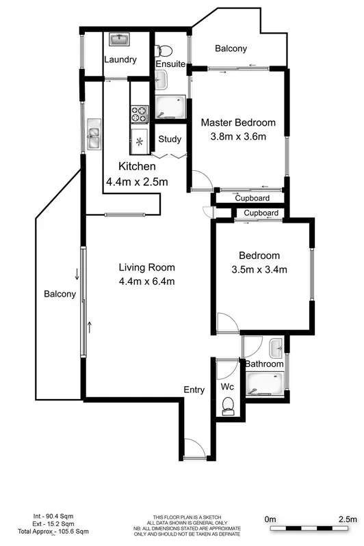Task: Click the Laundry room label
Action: coord(120,59)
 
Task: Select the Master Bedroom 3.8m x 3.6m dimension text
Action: coord(237,136)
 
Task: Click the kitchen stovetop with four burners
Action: coord(140,111)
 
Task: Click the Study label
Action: coord(170,139)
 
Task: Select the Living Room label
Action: coord(146,267)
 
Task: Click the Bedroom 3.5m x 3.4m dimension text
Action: coord(259,269)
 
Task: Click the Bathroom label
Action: coord(265,364)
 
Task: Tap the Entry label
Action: coord(194,390)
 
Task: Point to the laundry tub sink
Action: coord(120,38)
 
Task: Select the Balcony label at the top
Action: coord(231,49)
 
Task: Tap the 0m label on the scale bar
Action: coord(271,519)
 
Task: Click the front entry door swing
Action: coord(194,448)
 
